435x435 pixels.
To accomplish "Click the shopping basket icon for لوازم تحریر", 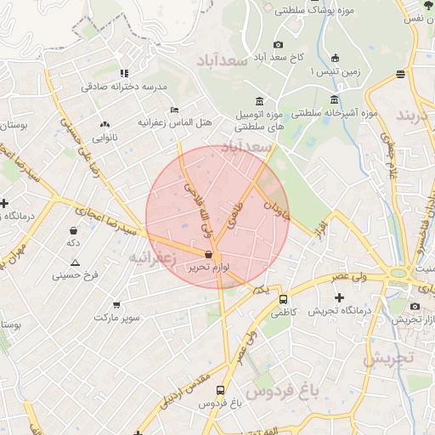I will tap(209, 254).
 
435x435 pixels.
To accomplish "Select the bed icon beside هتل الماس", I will tap(174, 110).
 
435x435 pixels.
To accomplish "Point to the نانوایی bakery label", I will tap(105, 137).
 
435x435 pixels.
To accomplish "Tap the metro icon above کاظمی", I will tap(283, 299).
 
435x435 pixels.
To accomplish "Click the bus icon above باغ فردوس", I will tap(221, 391).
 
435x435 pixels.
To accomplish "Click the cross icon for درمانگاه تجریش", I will tap(340, 298).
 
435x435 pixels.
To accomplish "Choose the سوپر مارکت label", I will tap(116, 317).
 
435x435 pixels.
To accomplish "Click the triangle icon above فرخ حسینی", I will tap(76, 262).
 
